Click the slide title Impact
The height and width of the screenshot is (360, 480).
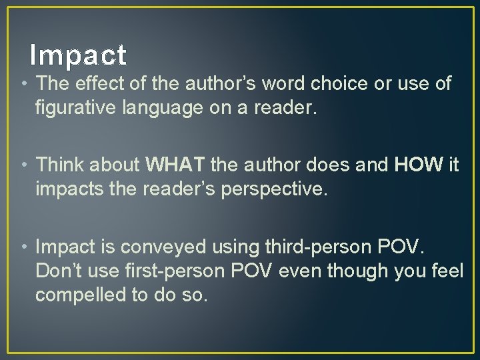(x=79, y=55)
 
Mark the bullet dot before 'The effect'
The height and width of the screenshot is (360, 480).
(x=25, y=85)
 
